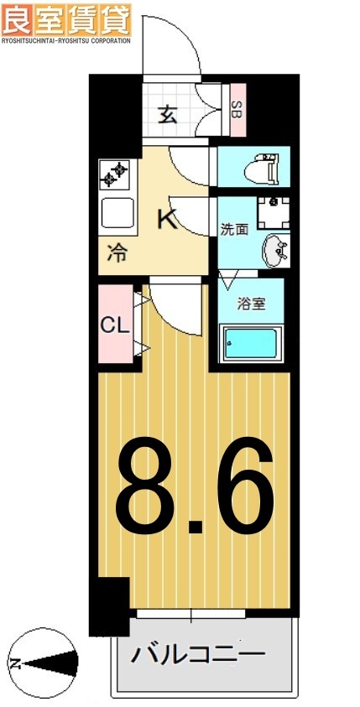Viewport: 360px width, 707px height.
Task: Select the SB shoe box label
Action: [237, 110]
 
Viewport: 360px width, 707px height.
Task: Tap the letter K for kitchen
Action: [168, 221]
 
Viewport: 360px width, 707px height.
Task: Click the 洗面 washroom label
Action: [234, 229]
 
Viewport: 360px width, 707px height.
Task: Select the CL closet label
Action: [114, 325]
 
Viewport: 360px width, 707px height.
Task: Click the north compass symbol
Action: [41, 661]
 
